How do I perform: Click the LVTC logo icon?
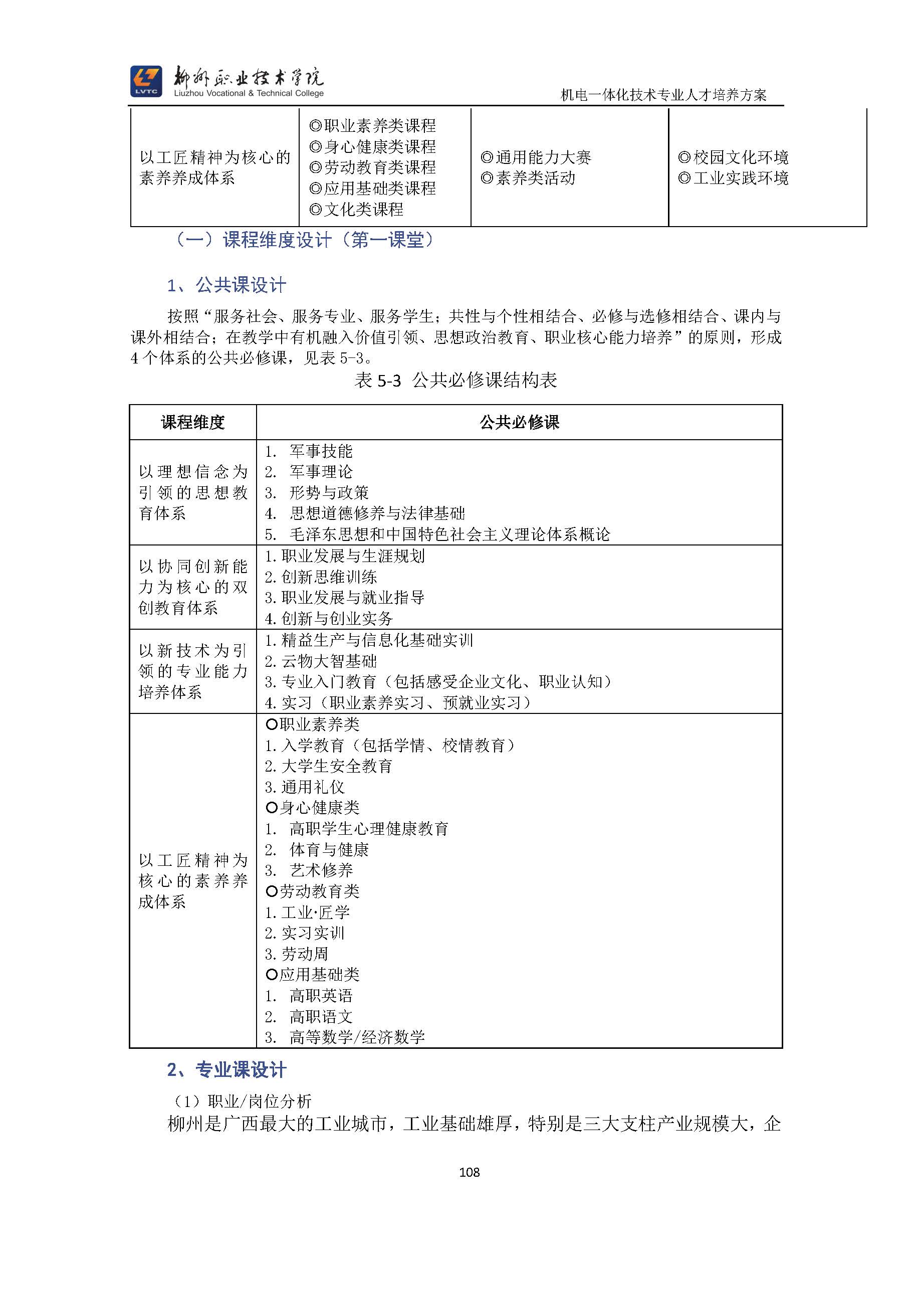click(x=146, y=81)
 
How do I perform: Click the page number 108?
click(x=469, y=1172)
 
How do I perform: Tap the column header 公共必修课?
click(x=519, y=422)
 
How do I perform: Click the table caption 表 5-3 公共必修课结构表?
click(x=455, y=381)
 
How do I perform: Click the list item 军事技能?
click(x=321, y=451)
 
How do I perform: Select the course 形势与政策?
click(x=329, y=493)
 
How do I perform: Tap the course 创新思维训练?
click(x=329, y=577)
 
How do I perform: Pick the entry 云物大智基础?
click(x=329, y=661)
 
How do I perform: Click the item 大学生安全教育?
click(x=336, y=766)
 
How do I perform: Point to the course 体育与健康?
click(x=329, y=849)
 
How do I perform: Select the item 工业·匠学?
click(x=315, y=912)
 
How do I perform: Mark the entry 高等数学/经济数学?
click(x=357, y=1037)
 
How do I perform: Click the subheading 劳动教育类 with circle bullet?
click(x=313, y=891)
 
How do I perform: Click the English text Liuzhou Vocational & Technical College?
click(x=249, y=93)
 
